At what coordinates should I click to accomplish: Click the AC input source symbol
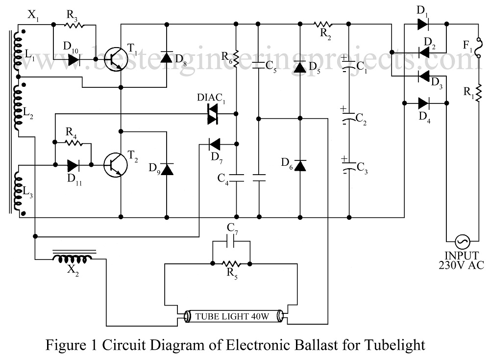pyautogui.click(x=461, y=241)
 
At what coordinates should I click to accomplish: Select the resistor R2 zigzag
pyautogui.click(x=323, y=24)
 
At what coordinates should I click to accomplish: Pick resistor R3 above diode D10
pyautogui.click(x=73, y=24)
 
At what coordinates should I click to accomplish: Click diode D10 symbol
pyautogui.click(x=74, y=59)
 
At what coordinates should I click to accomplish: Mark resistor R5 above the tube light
pyautogui.click(x=231, y=263)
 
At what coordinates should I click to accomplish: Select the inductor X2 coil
pyautogui.click(x=73, y=257)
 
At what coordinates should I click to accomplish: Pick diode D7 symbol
pyautogui.click(x=215, y=144)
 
